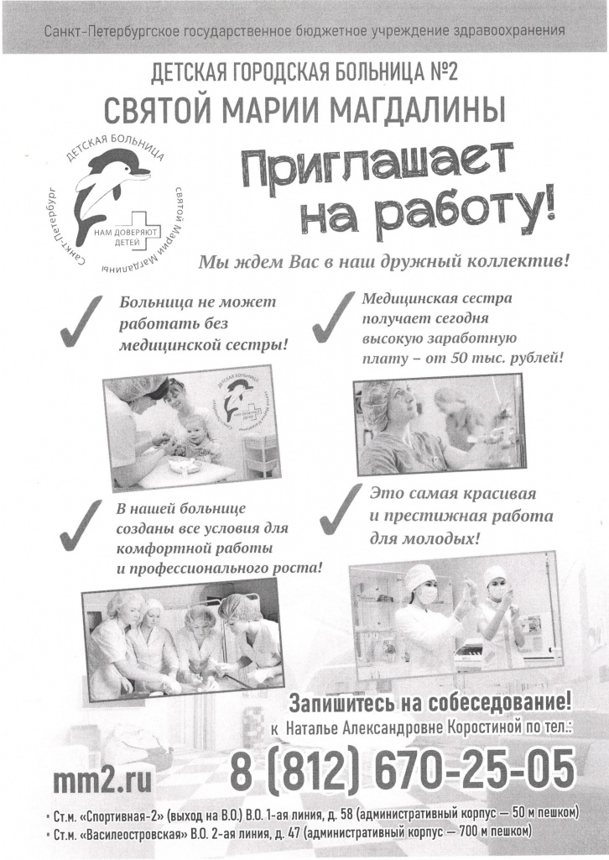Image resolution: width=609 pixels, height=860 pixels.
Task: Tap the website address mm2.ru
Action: pos(102,780)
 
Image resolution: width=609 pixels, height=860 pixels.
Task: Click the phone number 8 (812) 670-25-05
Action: pos(403,769)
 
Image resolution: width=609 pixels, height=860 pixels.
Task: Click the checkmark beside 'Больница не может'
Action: pos(81,321)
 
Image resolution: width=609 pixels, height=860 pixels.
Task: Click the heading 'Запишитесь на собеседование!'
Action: pos(430,702)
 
